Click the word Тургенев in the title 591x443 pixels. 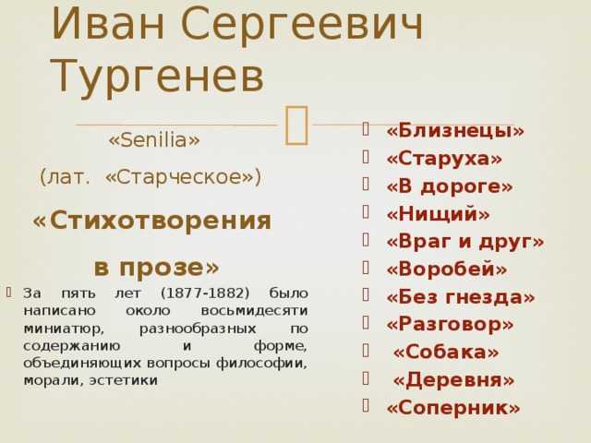tap(157, 77)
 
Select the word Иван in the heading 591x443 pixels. tap(108, 23)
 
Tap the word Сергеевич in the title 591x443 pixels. tap(302, 23)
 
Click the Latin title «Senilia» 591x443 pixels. tap(154, 139)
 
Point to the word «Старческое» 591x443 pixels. tap(183, 176)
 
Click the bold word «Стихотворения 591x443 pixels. tap(151, 221)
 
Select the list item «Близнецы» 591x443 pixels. tap(455, 130)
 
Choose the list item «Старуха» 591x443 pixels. tap(444, 158)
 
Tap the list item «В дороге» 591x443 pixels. tap(450, 186)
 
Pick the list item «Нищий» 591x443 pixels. tap(438, 213)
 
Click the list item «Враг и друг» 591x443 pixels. tap(465, 242)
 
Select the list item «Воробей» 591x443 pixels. tap(447, 269)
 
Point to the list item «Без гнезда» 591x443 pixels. tap(461, 297)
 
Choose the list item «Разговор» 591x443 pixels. tap(450, 324)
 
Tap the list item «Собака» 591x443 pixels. tap(446, 353)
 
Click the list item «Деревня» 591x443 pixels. tap(453, 379)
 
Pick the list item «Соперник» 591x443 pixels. tap(453, 408)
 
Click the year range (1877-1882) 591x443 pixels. tap(205, 293)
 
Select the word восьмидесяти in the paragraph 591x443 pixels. tap(255, 311)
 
